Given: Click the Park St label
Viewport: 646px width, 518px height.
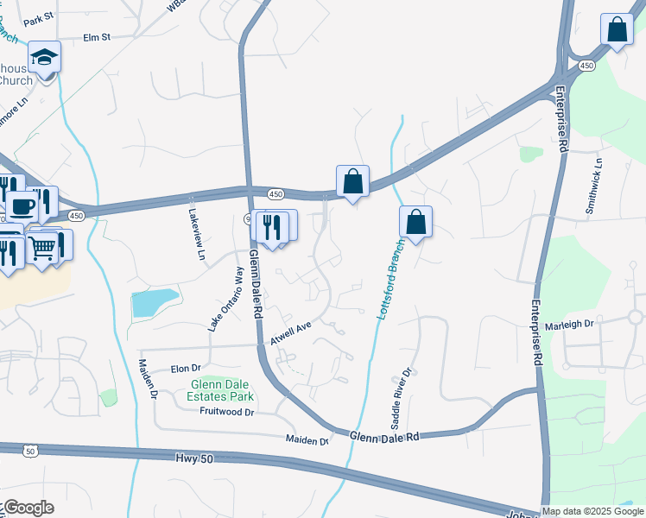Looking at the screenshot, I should pos(39,20).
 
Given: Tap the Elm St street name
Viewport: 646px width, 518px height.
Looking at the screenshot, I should pos(98,38).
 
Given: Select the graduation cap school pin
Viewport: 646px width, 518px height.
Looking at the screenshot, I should pos(44,59).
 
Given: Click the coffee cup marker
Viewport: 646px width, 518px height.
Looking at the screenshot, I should pos(22,206).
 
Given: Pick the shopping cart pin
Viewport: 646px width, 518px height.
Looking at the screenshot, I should pos(42,248).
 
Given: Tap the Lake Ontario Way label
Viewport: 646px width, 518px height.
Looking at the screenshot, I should pos(226,299).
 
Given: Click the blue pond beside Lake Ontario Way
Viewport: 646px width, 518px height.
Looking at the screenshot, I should pos(155,302).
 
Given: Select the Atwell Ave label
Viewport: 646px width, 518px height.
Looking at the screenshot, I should pos(290,334).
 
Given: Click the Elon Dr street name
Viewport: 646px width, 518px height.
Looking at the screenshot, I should pos(185,367).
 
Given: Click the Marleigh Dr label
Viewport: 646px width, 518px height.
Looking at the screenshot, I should pos(571,325).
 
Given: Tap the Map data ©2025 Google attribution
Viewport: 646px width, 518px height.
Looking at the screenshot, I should pos(592,511).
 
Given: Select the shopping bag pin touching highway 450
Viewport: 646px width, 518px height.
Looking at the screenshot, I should pos(352,183).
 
